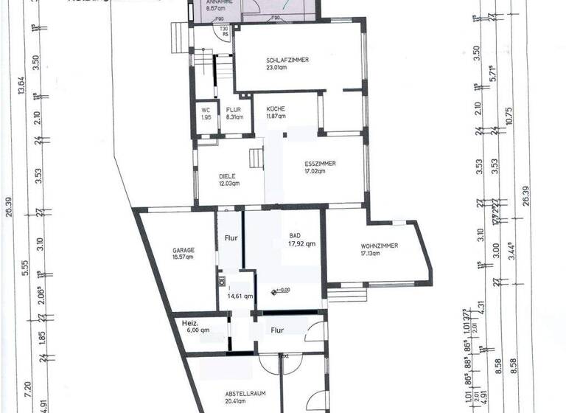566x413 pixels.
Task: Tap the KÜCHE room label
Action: click(276, 109)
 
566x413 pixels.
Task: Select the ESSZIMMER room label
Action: click(320, 164)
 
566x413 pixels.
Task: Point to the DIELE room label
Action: click(227, 176)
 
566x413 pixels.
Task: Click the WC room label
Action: click(206, 110)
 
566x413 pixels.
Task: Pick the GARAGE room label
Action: click(184, 250)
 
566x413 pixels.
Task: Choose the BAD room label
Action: click(295, 236)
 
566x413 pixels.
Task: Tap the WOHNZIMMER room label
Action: click(379, 246)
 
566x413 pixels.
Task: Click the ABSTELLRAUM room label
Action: click(242, 395)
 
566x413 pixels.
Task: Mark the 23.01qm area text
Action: click(279, 67)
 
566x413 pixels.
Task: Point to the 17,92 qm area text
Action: click(302, 243)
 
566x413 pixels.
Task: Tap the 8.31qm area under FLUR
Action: click(234, 117)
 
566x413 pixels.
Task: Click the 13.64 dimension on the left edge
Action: click(21, 86)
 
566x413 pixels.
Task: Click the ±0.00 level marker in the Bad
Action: click(280, 290)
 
